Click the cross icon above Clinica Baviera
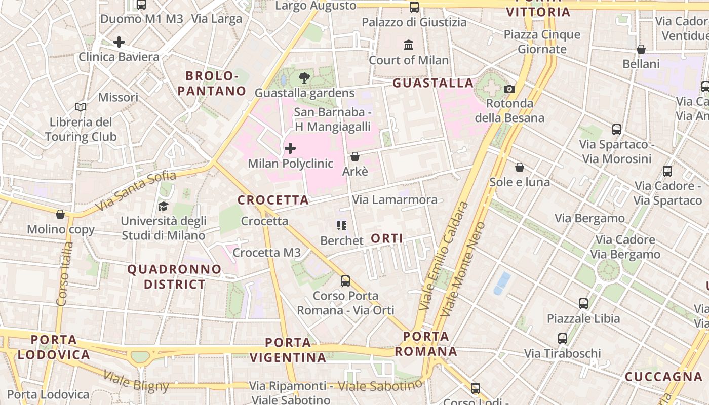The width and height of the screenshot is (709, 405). (x=119, y=42)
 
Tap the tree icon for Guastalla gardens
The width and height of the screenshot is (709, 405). (x=304, y=78)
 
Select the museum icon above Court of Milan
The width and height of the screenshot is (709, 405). (x=409, y=45)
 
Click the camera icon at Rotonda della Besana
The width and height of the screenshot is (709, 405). (x=509, y=89)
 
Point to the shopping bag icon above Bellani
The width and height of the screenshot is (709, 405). (x=641, y=49)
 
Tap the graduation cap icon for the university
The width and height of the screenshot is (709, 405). (x=163, y=206)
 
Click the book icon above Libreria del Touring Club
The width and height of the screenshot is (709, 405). (x=80, y=107)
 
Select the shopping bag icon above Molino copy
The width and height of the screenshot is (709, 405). (x=60, y=214)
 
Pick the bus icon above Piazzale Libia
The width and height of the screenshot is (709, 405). (x=583, y=304)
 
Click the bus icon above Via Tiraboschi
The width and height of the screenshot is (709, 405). (x=563, y=339)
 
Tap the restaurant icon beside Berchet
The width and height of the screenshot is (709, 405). (x=342, y=226)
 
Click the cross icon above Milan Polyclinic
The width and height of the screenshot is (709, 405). (x=290, y=148)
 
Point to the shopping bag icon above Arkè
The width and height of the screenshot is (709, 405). (x=355, y=156)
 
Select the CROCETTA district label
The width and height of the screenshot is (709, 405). (x=273, y=200)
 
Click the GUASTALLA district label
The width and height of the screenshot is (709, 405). (x=433, y=83)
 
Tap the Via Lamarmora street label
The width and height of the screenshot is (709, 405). (x=395, y=200)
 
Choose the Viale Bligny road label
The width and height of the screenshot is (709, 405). (x=136, y=381)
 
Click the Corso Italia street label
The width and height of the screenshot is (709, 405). (x=65, y=274)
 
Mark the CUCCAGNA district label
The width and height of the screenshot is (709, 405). (x=663, y=377)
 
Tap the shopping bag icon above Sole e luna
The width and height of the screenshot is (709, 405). (x=520, y=167)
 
